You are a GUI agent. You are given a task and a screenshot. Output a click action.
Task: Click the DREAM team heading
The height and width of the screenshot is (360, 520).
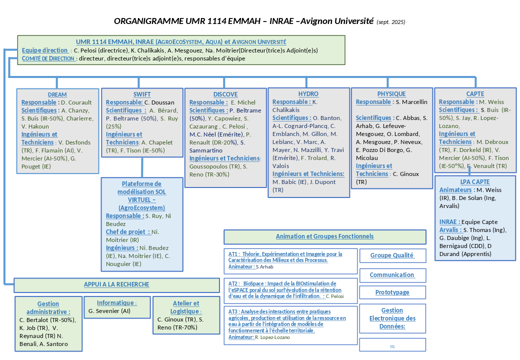pos(57,94)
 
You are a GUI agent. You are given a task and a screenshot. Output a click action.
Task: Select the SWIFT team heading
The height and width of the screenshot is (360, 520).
pos(142,94)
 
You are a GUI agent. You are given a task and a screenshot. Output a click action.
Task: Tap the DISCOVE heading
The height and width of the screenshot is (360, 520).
pos(225,94)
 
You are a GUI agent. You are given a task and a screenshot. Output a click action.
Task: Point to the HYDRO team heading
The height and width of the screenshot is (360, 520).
pos(308,94)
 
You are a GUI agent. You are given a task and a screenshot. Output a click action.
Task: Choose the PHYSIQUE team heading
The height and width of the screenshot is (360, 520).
pos(391,94)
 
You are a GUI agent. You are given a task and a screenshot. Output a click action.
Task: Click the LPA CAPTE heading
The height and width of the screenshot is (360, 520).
pos(475,182)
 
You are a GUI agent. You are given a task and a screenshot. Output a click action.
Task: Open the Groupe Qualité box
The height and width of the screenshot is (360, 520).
pos(392,255)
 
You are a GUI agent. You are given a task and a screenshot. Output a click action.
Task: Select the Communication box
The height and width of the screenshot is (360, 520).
pos(392,275)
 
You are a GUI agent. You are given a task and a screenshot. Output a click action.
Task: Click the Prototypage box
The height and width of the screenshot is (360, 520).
pos(392,292)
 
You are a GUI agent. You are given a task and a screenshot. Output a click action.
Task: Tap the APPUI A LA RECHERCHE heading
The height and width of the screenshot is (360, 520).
pos(116,284)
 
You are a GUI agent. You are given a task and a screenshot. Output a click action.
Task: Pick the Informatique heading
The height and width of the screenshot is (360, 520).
pos(116,303)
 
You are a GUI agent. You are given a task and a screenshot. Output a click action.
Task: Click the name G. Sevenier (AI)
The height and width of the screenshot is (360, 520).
pos(109,311)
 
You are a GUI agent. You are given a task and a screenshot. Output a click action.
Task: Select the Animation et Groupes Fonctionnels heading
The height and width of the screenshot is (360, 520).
pos(324,236)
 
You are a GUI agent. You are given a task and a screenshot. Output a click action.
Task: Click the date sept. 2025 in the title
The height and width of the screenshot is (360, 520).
pos(391,22)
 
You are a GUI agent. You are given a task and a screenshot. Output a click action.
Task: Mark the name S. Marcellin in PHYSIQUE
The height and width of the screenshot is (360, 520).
pos(411,102)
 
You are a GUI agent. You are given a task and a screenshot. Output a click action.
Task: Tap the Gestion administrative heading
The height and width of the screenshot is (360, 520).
pos(48,307)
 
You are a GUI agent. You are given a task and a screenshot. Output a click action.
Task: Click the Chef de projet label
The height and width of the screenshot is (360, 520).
pos(127,232)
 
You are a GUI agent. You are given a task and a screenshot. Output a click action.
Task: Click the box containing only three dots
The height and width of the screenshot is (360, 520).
pos(392,345)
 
